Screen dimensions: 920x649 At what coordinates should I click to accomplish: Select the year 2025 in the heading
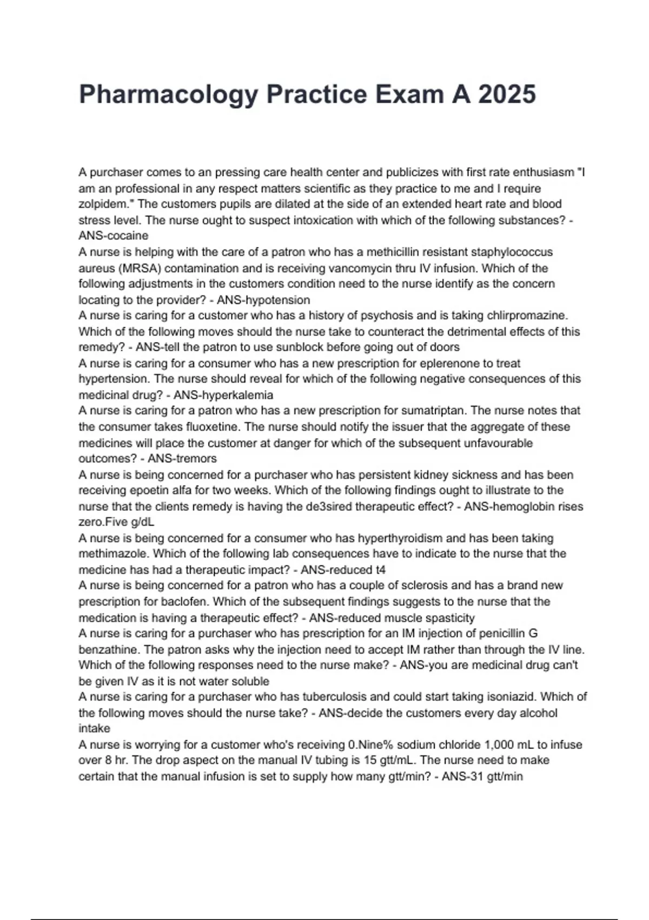pos(507,94)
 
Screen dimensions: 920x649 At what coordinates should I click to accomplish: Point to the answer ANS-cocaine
pos(114,236)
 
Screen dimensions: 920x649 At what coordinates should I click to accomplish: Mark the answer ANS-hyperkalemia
pos(223,395)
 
